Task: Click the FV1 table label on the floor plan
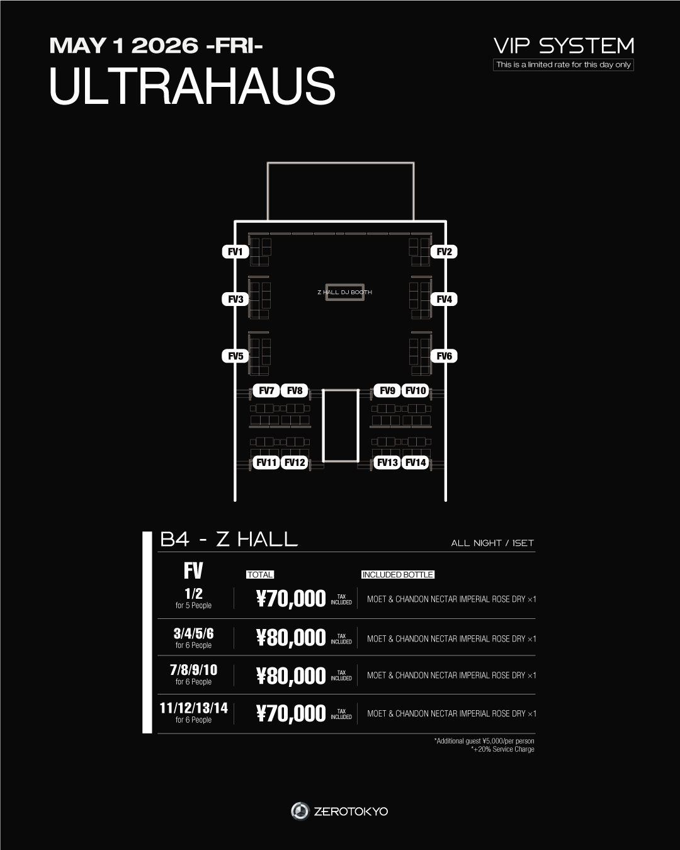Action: (x=235, y=252)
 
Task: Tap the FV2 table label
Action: (x=445, y=252)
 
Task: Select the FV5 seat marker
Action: (x=235, y=356)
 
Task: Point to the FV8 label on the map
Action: (x=295, y=390)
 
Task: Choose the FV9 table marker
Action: (x=387, y=390)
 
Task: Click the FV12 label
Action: (x=295, y=463)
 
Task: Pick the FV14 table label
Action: (x=416, y=463)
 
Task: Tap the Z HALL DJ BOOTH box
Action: (x=344, y=292)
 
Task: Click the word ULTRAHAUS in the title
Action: (x=192, y=86)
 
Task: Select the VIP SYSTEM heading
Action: (x=564, y=46)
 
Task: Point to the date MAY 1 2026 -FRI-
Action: (x=156, y=45)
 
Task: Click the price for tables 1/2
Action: (x=291, y=599)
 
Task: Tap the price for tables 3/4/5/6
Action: (x=291, y=638)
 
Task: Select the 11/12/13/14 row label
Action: (x=193, y=708)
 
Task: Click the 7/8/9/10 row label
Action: (x=193, y=670)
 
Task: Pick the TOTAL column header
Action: (x=260, y=575)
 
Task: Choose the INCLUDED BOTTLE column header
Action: (x=398, y=575)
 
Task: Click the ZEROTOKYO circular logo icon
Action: (x=300, y=811)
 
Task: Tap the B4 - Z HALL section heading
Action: (x=229, y=540)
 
